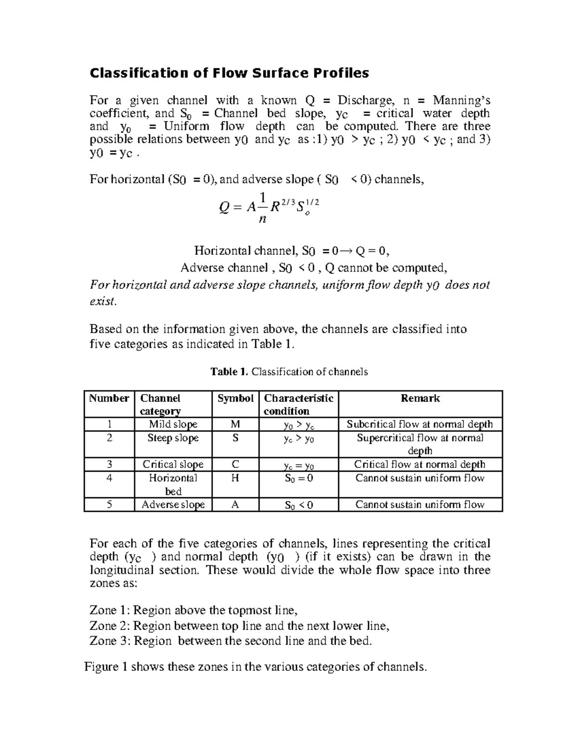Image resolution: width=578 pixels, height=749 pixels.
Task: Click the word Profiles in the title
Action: point(342,73)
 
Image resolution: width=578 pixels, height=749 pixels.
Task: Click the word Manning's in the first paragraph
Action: point(461,100)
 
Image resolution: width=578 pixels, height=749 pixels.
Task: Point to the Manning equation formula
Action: point(269,208)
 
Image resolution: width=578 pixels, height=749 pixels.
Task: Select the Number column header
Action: point(109,398)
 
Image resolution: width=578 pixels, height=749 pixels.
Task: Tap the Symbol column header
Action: point(235,398)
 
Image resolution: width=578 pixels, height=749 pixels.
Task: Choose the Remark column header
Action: point(420,398)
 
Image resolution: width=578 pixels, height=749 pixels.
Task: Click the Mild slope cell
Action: point(173,424)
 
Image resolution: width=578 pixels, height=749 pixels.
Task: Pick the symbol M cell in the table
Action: point(235,424)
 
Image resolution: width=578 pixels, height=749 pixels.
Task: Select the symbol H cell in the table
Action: point(235,478)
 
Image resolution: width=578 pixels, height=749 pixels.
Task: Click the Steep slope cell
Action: point(173,438)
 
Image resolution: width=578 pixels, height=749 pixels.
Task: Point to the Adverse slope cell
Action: point(173,504)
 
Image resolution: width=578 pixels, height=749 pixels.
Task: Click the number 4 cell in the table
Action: point(109,478)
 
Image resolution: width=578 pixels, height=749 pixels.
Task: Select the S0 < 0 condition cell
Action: point(299,505)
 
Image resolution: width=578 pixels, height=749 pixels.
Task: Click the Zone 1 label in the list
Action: point(110,611)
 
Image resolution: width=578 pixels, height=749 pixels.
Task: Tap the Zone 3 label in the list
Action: point(110,641)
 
